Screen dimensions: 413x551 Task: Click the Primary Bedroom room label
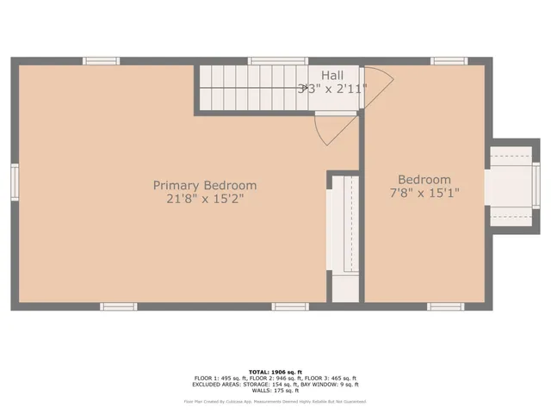coord(205,185)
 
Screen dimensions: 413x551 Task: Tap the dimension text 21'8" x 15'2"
coord(205,199)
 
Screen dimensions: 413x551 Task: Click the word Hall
coord(332,76)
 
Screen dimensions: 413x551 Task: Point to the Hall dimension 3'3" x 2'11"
coord(331,89)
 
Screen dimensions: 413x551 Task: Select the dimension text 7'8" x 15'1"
coord(424,194)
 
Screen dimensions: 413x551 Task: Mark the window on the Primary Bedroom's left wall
coord(15,182)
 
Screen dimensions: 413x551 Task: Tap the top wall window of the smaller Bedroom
coord(449,61)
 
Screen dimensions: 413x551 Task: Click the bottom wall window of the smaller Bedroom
coord(446,306)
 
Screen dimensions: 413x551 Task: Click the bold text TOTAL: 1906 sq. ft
coord(275,372)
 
